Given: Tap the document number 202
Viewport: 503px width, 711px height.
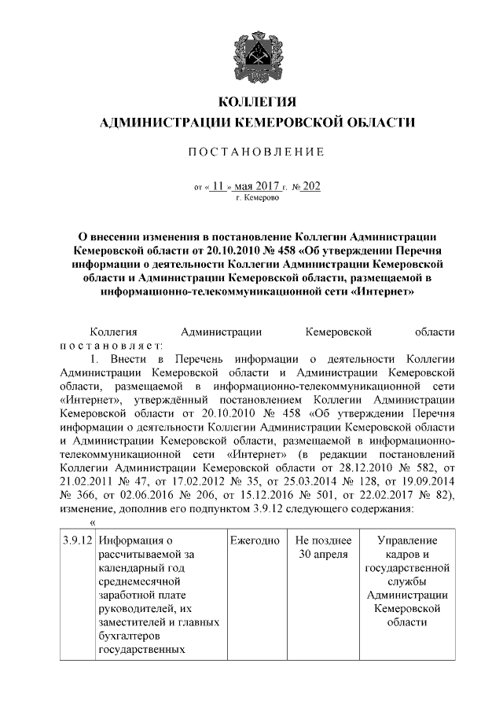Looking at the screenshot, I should pyautogui.click(x=311, y=187).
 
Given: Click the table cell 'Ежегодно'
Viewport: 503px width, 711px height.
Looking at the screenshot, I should pyautogui.click(x=255, y=541).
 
